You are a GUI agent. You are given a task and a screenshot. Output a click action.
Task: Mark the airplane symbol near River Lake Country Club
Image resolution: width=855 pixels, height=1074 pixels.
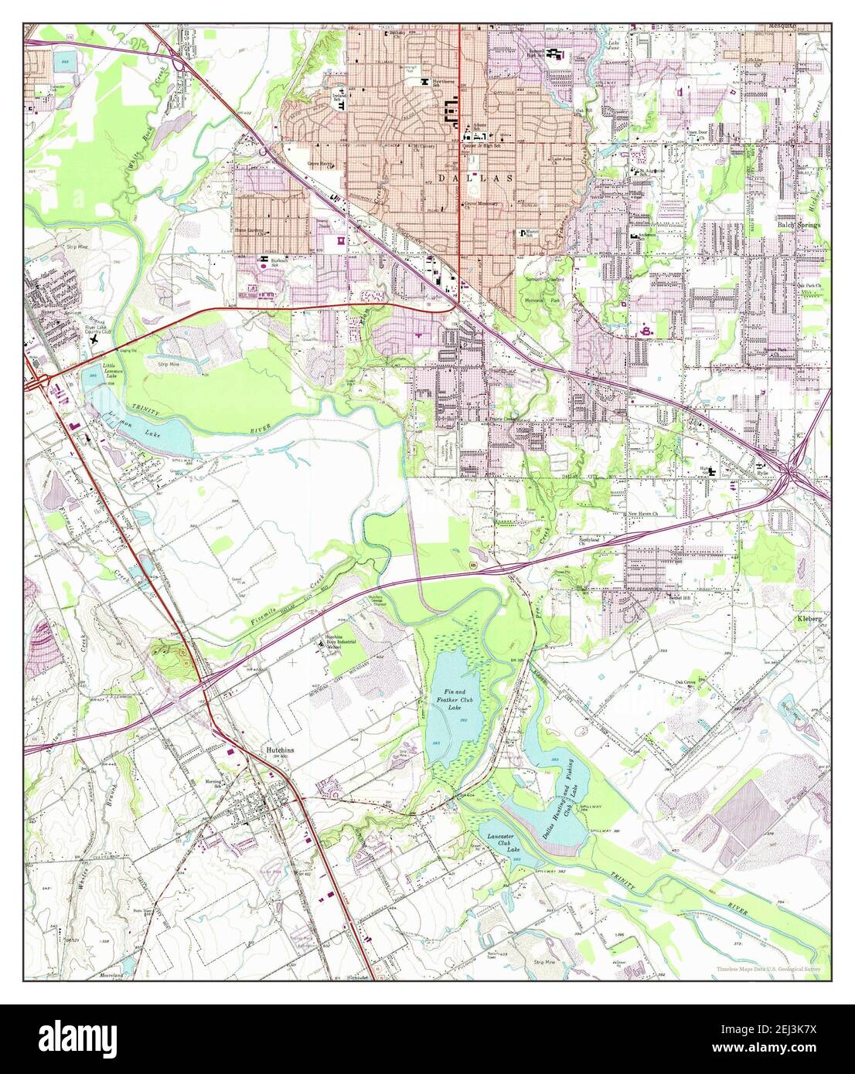pyautogui.click(x=94, y=339)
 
